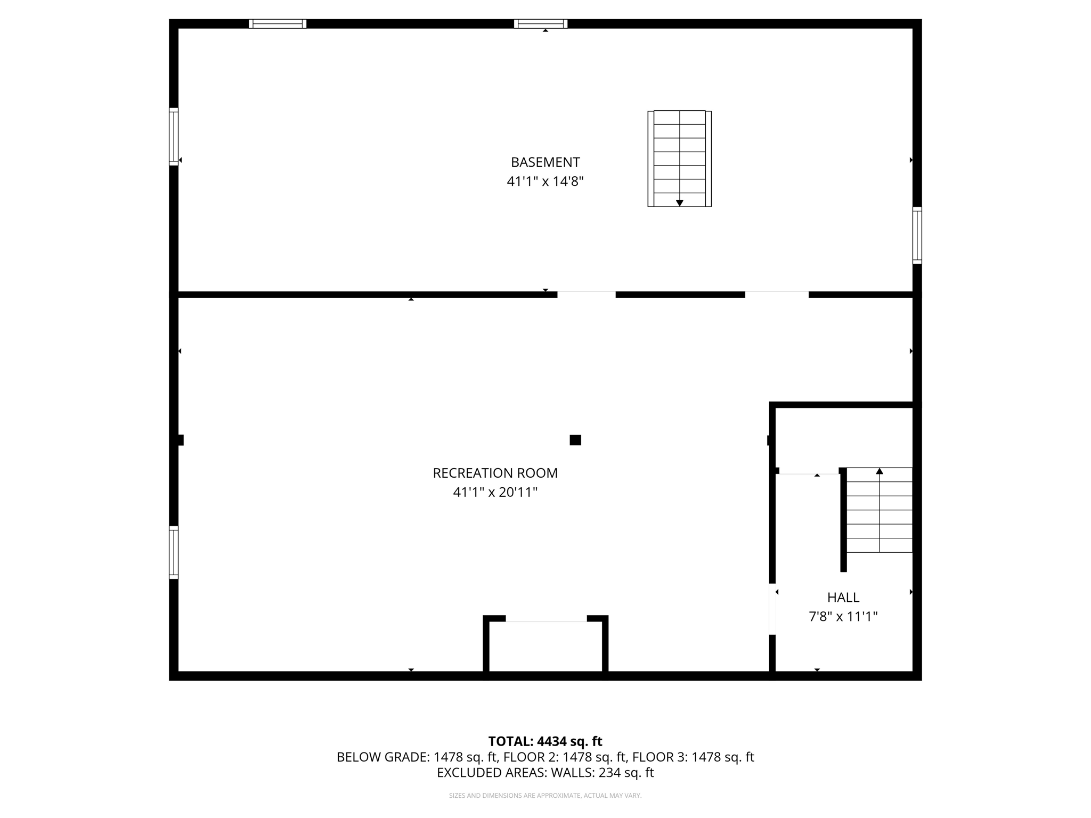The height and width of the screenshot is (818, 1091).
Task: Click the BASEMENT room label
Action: (545, 162)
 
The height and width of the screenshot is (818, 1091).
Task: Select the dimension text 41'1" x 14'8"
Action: (545, 182)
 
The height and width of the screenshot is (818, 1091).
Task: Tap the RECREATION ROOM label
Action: (495, 473)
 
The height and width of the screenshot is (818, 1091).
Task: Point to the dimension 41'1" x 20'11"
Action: (495, 493)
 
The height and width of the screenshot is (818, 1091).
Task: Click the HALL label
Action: (843, 598)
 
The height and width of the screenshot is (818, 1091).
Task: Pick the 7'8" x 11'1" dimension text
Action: (843, 617)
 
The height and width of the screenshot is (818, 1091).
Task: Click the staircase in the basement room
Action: (679, 158)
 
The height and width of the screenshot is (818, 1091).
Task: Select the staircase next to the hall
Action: (879, 510)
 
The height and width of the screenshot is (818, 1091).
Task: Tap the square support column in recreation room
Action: (575, 440)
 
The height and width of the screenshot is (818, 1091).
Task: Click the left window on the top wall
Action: (278, 23)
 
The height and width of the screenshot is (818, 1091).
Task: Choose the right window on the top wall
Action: (541, 23)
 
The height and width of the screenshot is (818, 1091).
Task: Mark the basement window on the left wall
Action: (174, 136)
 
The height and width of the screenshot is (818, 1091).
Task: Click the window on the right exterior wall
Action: (917, 235)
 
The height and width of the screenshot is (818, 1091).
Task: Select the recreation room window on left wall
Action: (174, 552)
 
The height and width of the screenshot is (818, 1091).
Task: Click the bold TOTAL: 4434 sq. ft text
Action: (545, 741)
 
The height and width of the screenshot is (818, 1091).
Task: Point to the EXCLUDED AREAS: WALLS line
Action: (545, 773)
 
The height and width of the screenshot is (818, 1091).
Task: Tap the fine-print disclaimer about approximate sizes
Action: (545, 796)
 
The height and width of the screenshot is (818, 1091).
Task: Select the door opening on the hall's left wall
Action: (772, 609)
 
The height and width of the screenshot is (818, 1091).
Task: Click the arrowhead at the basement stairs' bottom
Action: (679, 203)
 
